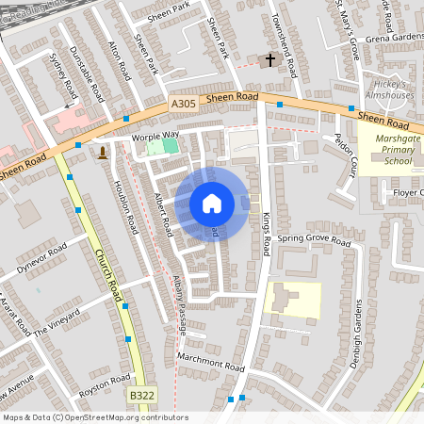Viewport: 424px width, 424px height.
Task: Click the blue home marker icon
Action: (x=212, y=204)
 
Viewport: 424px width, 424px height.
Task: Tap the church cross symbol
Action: (x=270, y=60)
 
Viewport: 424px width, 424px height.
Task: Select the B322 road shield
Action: (x=142, y=396)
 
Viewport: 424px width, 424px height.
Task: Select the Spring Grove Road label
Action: (x=314, y=240)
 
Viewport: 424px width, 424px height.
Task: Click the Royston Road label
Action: (x=105, y=385)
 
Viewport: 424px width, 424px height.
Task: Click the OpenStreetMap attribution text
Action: (x=95, y=417)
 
